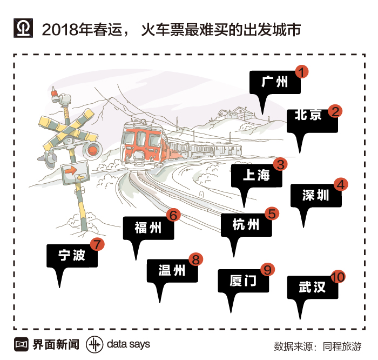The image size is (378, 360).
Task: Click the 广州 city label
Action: (x=274, y=83)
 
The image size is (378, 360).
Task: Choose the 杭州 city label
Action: (x=246, y=224)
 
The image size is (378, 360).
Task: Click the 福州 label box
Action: (x=148, y=228)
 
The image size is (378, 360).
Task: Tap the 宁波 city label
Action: (x=72, y=255)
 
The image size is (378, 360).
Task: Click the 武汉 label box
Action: (x=312, y=287)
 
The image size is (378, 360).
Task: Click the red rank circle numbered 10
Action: (x=337, y=277)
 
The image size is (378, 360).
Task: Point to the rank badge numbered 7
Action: (x=97, y=244)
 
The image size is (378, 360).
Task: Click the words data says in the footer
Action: (x=129, y=344)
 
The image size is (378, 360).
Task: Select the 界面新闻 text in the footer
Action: (x=56, y=344)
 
